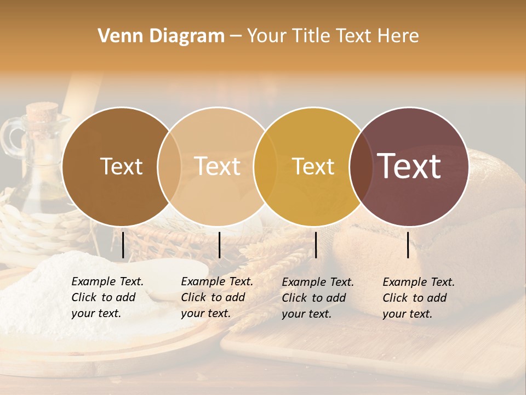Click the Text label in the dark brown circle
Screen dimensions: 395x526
coord(121,166)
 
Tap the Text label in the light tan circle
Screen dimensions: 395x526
coord(217,166)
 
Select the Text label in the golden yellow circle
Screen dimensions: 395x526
coord(313,166)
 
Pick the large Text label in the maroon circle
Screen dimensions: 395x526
coord(409,166)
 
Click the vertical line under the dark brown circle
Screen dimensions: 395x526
coord(123,245)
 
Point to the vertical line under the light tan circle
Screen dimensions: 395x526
coord(219,245)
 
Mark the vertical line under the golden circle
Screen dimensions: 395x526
coord(316,245)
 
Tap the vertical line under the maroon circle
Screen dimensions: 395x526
coord(408,245)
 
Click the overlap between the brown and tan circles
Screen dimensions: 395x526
coord(169,166)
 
